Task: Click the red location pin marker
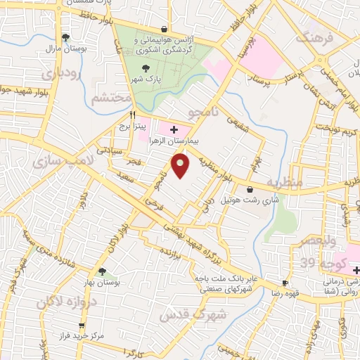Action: tap(181, 167)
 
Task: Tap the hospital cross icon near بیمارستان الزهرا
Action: tap(174, 129)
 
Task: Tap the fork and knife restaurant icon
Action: tap(131, 114)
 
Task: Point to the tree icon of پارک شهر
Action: tap(146, 67)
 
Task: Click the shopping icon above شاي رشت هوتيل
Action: tap(250, 188)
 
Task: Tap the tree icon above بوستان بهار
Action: tap(103, 271)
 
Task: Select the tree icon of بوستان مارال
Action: tap(65, 37)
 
